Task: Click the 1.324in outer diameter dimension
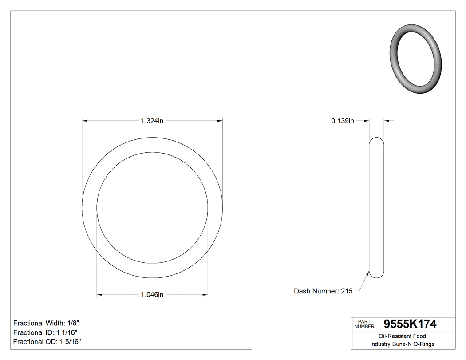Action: (x=152, y=121)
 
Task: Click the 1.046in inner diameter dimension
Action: (x=152, y=295)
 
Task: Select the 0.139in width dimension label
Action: (x=342, y=121)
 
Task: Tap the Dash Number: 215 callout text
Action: (x=323, y=291)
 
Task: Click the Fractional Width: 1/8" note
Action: (x=46, y=323)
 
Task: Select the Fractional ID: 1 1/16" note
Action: (x=46, y=332)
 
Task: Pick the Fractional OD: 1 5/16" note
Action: (x=47, y=342)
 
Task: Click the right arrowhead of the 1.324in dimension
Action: (x=219, y=120)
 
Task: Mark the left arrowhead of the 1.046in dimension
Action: (x=100, y=295)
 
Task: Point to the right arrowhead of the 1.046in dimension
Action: (x=205, y=295)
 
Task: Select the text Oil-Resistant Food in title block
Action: (x=403, y=336)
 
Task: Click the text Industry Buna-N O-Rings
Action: (x=403, y=344)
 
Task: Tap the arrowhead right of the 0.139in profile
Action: (x=387, y=120)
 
